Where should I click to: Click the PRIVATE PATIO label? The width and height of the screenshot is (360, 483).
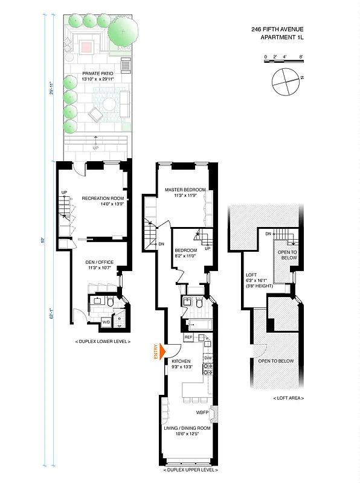tap(97, 74)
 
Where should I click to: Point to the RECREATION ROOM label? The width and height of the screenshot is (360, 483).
tap(103, 198)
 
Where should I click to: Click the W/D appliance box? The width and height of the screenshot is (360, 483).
tap(106, 322)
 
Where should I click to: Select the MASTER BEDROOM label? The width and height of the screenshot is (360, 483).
tap(185, 190)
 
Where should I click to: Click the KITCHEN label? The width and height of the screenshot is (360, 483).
tap(181, 360)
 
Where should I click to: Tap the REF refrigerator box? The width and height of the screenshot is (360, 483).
tap(188, 337)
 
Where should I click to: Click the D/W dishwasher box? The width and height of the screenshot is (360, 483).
tap(207, 359)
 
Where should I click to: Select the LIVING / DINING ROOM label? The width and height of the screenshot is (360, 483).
tap(187, 428)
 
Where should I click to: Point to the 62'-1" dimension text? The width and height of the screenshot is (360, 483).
tap(53, 315)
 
